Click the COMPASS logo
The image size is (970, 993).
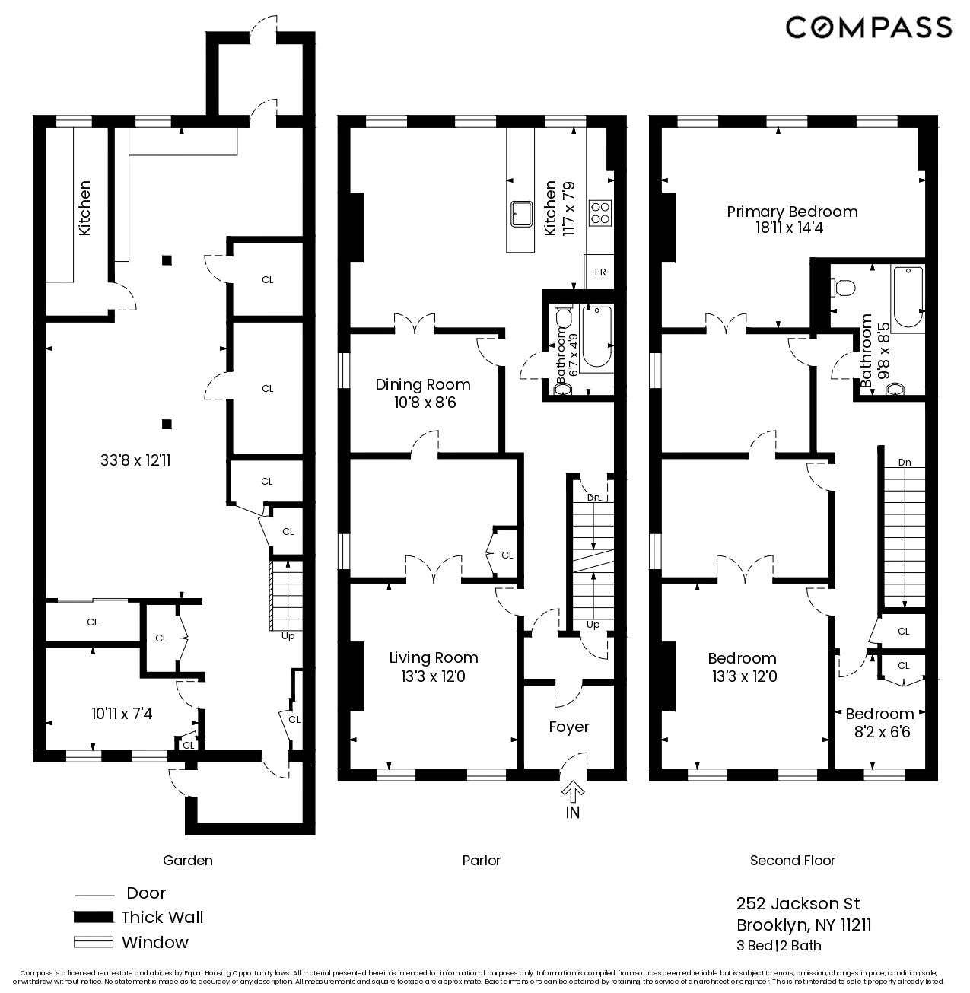click(x=868, y=27)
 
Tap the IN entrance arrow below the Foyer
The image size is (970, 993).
click(x=572, y=793)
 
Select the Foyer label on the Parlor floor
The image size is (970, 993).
click(x=568, y=727)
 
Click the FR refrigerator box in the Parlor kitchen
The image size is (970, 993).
click(x=599, y=272)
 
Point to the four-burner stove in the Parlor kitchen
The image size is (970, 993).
click(x=600, y=212)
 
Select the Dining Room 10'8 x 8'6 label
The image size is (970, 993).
click(x=424, y=393)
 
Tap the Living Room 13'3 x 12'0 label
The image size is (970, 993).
click(x=433, y=667)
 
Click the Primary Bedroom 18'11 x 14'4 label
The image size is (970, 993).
click(x=791, y=219)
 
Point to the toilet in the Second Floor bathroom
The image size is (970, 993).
click(x=844, y=288)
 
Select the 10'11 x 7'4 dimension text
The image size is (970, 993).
click(x=122, y=714)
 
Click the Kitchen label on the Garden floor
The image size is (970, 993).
click(x=84, y=207)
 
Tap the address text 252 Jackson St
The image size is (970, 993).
click(x=797, y=903)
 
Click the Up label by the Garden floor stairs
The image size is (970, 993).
click(x=288, y=636)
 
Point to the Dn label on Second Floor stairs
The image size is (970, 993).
click(x=904, y=462)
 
